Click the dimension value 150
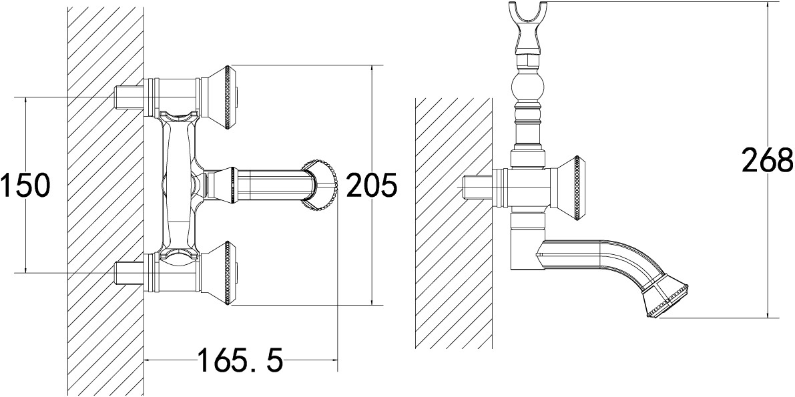pyautogui.click(x=25, y=185)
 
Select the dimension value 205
pyautogui.click(x=372, y=185)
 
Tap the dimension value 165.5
pyautogui.click(x=240, y=360)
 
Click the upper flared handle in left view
pyautogui.click(x=218, y=96)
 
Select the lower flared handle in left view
pyautogui.click(x=218, y=274)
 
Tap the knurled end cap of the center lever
pyautogui.click(x=320, y=185)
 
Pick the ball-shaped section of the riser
pyautogui.click(x=528, y=87)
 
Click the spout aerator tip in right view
pyautogui.click(x=667, y=300)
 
